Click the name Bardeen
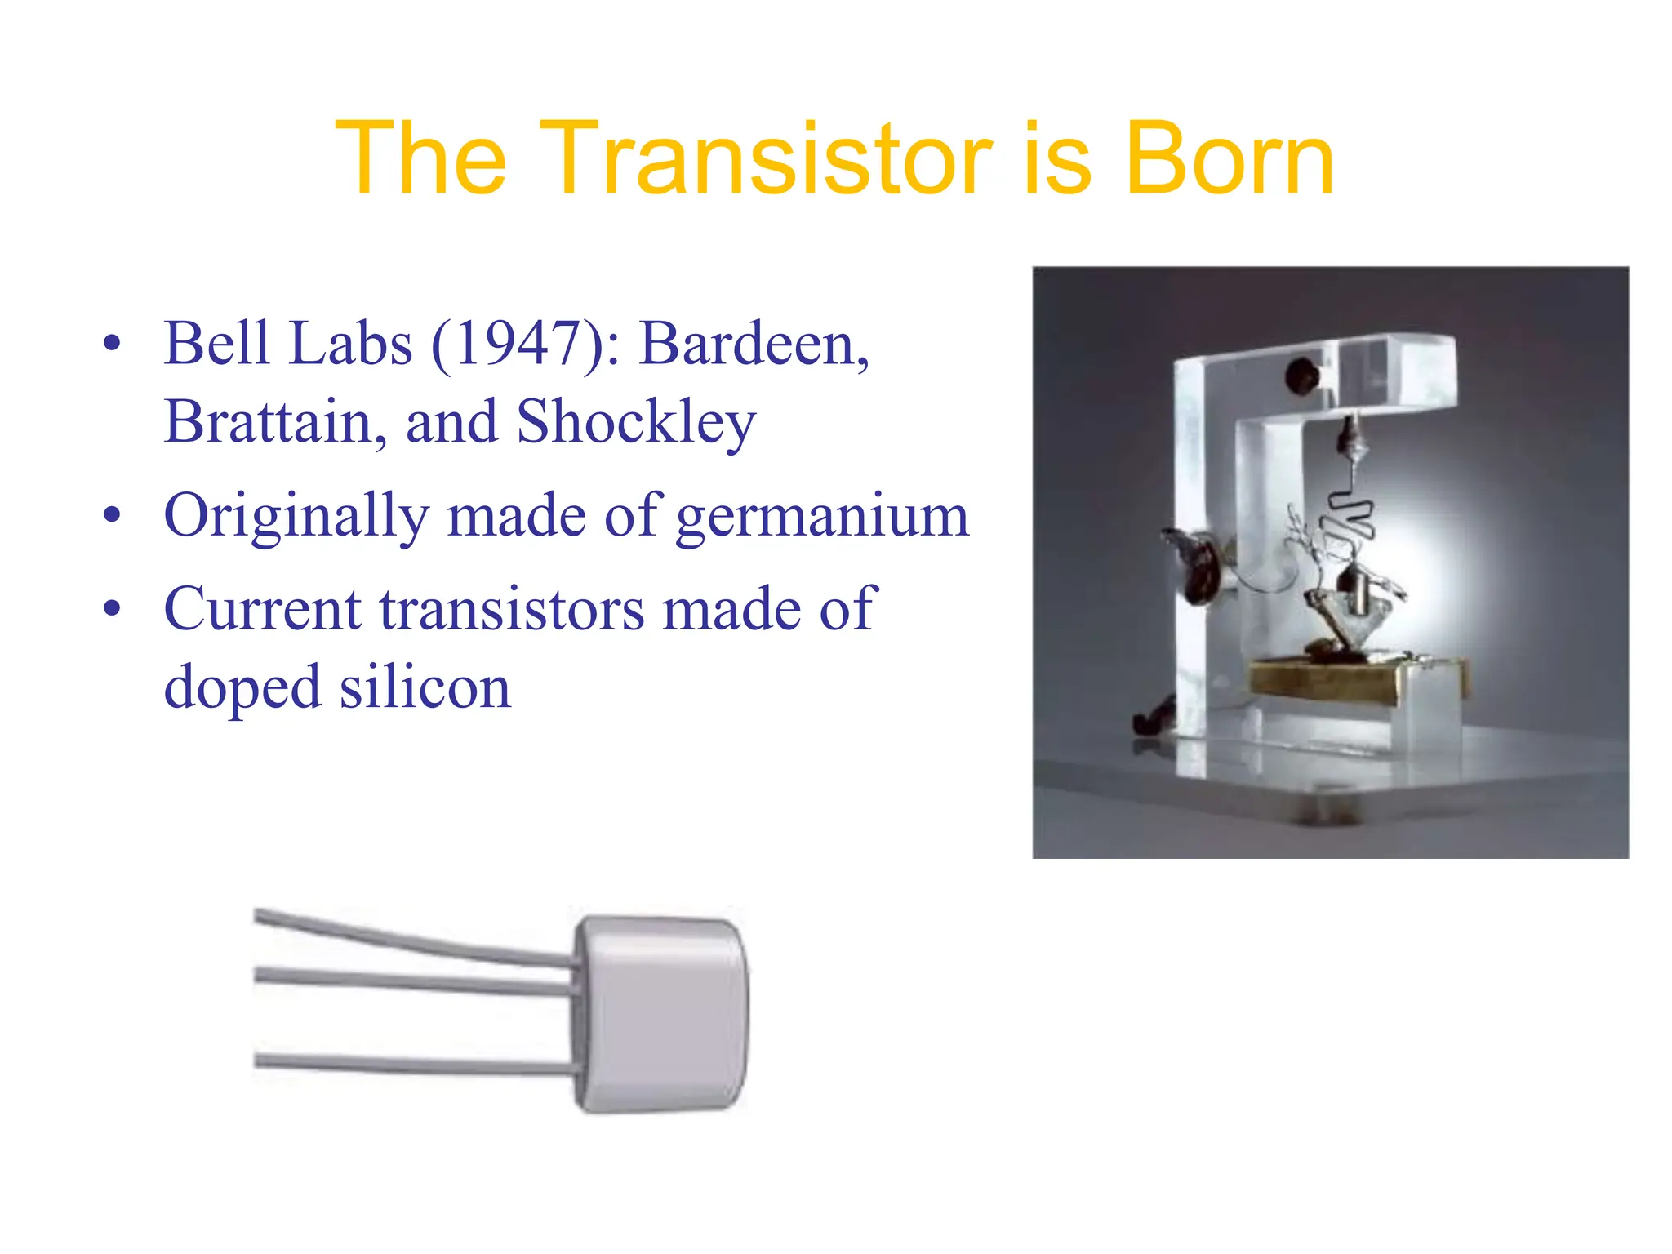click(x=753, y=344)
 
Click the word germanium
click(x=822, y=517)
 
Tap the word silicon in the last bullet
click(x=425, y=687)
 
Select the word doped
click(x=242, y=689)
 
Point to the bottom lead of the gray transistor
click(x=408, y=1064)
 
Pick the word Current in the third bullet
click(x=262, y=609)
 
